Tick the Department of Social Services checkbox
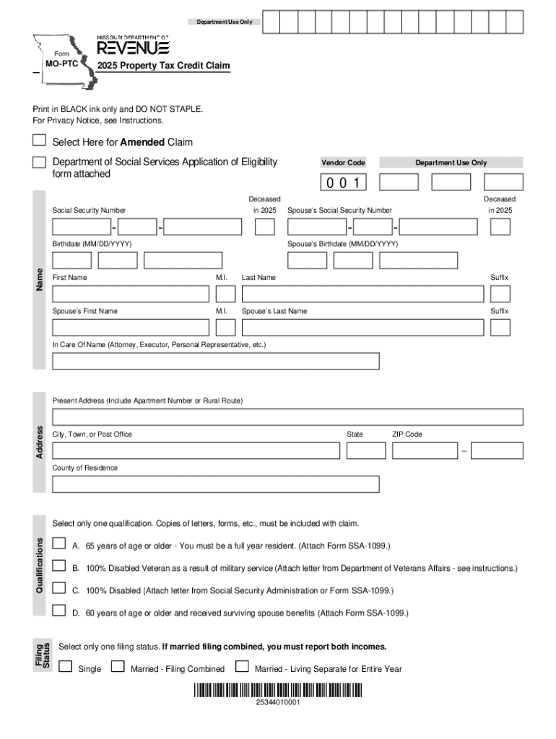tap(40, 163)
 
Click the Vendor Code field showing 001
tap(344, 183)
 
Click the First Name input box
tap(131, 294)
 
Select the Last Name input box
tap(362, 294)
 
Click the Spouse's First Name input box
tap(131, 327)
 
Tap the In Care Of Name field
tap(215, 361)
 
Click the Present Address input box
tap(287, 416)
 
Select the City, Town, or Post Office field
tap(196, 450)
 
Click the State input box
tap(365, 450)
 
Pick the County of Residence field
tap(215, 484)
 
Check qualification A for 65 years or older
tap(60, 543)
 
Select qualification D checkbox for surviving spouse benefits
tap(60, 611)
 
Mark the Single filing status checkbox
tap(66, 667)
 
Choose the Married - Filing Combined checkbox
tap(118, 667)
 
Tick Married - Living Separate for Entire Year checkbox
tap(243, 667)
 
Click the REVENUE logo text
tap(134, 48)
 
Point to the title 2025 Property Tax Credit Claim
tap(165, 66)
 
